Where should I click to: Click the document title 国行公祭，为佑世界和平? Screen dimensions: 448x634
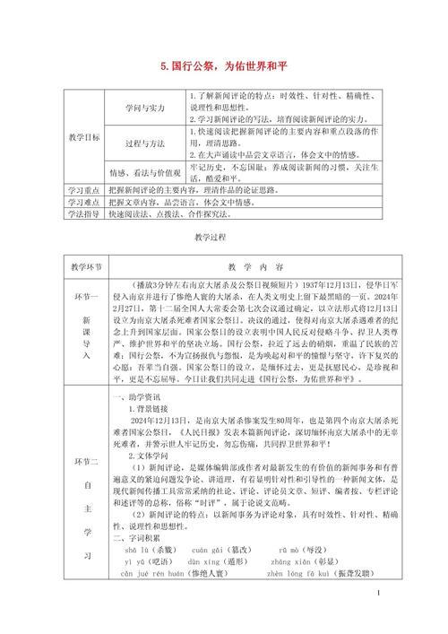click(x=223, y=65)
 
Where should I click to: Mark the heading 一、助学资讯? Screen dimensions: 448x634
click(x=140, y=395)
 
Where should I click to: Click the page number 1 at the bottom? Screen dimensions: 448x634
click(x=380, y=618)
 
